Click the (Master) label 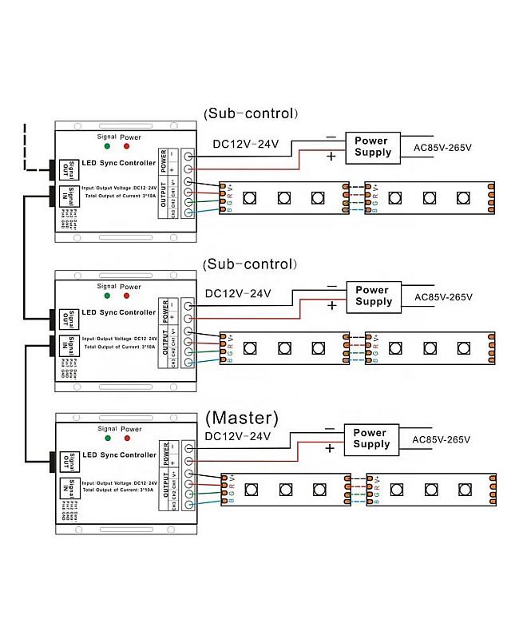click(x=242, y=418)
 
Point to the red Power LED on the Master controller click(x=128, y=439)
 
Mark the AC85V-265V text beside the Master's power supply click(x=442, y=439)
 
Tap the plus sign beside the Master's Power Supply click(x=330, y=448)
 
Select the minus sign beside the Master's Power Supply click(x=330, y=429)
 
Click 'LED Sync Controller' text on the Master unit click(x=119, y=454)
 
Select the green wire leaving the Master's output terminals click(x=208, y=496)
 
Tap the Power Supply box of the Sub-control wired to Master click(x=373, y=296)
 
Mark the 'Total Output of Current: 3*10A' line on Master click(x=120, y=490)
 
